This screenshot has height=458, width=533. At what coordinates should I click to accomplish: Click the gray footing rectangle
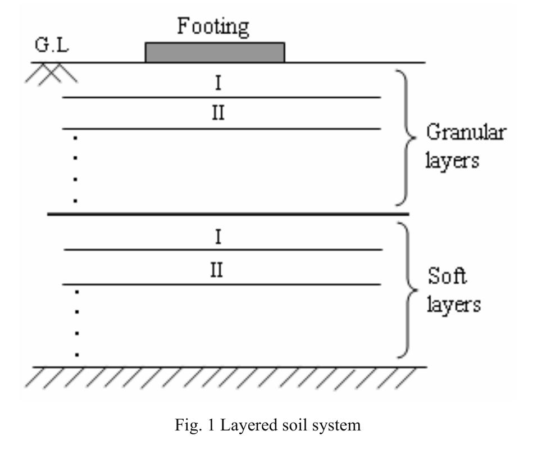tap(215, 52)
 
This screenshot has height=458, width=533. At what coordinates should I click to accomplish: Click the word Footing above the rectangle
tap(213, 26)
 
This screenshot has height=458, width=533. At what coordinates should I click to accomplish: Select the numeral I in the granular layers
tap(218, 84)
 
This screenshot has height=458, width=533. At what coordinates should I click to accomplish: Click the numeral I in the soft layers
tap(218, 237)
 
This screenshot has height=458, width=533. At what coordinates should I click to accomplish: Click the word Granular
tap(466, 134)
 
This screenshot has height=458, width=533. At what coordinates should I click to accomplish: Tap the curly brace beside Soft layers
tap(409, 290)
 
